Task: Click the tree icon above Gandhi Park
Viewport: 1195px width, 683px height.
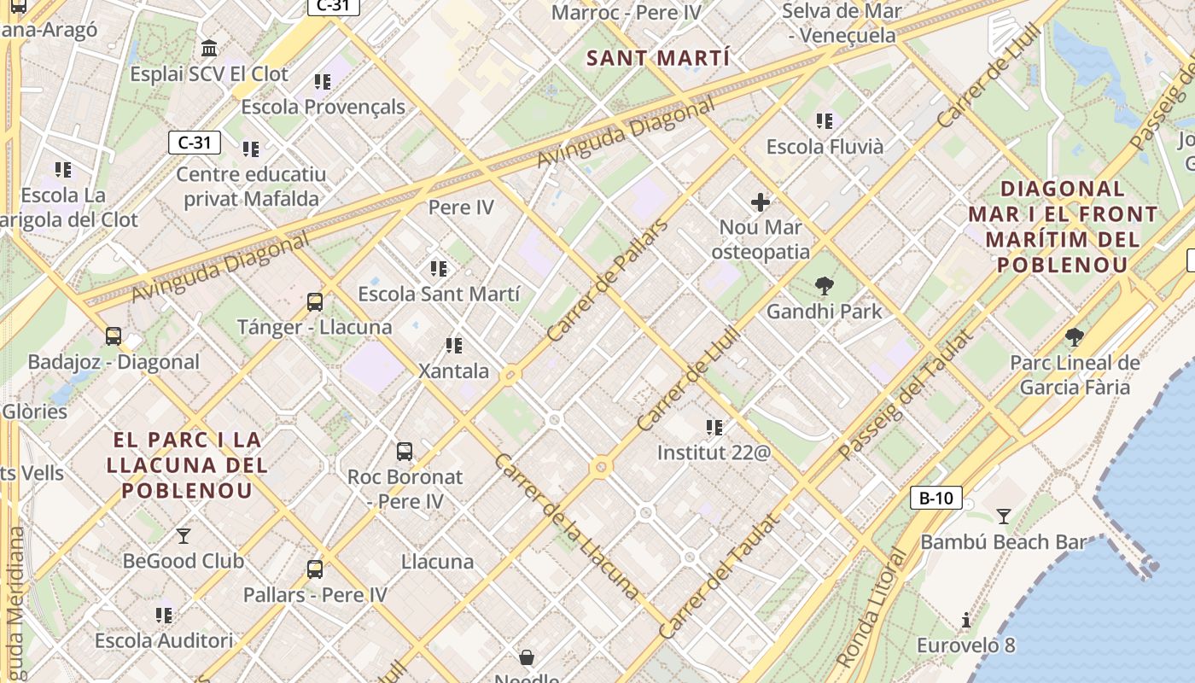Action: (824, 286)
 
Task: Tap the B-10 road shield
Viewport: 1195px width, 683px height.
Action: (936, 498)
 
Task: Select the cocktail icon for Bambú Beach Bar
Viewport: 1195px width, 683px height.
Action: (1004, 516)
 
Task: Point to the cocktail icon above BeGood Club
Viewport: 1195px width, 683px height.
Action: (183, 536)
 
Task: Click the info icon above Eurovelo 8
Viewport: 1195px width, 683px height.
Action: (966, 620)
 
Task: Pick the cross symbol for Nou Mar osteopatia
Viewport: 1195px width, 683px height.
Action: (760, 202)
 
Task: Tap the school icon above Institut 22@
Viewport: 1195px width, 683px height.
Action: (714, 427)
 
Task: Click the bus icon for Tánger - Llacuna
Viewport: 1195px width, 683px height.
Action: (315, 301)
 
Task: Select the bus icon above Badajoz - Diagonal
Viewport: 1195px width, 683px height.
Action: (114, 336)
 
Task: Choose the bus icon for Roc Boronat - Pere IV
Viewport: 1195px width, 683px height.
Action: (405, 451)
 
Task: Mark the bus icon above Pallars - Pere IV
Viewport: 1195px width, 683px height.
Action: (315, 569)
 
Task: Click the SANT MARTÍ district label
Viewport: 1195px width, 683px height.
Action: (659, 58)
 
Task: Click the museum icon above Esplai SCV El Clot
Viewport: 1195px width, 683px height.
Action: (209, 48)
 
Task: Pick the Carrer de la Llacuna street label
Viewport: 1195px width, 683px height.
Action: (566, 526)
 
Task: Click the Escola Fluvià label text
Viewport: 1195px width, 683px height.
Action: (825, 147)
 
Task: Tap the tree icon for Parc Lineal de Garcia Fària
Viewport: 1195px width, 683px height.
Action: (1074, 337)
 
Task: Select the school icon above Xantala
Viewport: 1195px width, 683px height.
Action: (454, 346)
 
